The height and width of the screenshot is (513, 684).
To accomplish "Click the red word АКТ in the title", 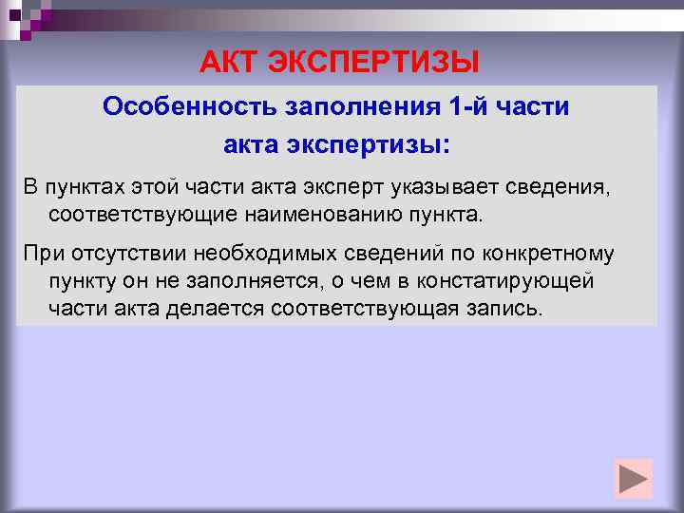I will pyautogui.click(x=229, y=63).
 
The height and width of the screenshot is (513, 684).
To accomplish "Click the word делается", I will pyautogui.click(x=220, y=310).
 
